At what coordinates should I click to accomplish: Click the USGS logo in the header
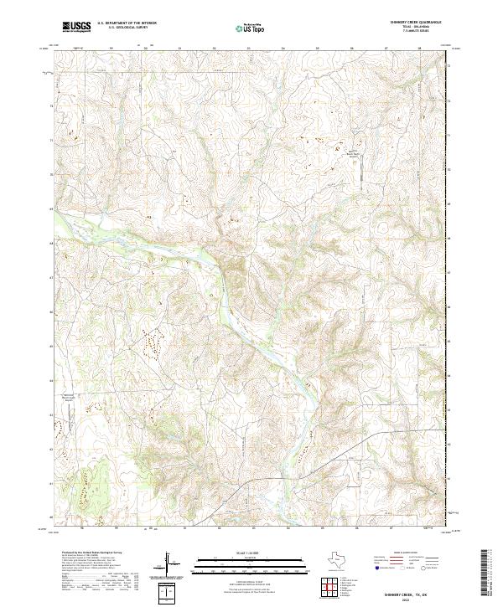tap(77, 27)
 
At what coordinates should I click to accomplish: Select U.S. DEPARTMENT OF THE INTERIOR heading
tap(127, 23)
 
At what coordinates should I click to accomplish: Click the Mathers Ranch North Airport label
tap(353, 152)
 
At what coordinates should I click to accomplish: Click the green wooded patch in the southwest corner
tap(88, 490)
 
